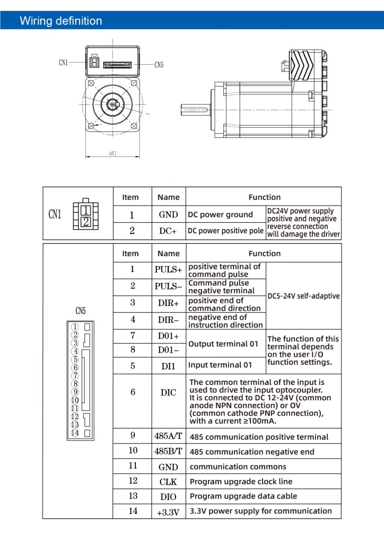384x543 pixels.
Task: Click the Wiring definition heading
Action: (61, 21)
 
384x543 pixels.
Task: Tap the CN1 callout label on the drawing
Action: (63, 63)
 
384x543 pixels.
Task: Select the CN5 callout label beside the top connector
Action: (159, 65)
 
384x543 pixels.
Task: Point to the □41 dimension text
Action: (112, 153)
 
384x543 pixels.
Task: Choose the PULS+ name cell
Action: (168, 269)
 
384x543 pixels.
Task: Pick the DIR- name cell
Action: (168, 320)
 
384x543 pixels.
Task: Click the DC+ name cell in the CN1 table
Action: (168, 231)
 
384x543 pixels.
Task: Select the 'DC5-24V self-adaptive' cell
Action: (303, 296)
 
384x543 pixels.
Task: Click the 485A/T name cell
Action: (168, 436)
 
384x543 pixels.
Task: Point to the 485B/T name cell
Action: (168, 451)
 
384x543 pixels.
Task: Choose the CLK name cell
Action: (168, 481)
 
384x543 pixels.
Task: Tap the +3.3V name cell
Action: (168, 512)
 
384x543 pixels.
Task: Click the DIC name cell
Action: (168, 393)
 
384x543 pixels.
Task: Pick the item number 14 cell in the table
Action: (133, 511)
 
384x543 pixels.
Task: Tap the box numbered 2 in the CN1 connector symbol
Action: (86, 222)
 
